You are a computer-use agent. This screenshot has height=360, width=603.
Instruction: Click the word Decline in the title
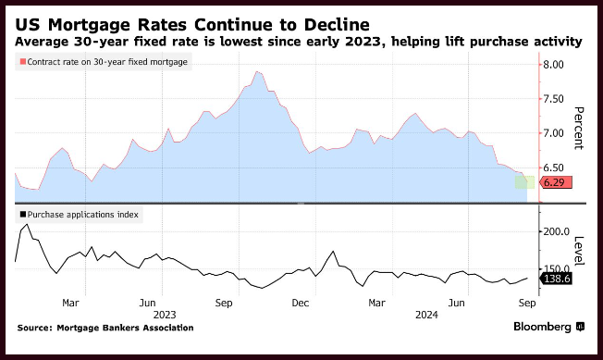click(x=337, y=25)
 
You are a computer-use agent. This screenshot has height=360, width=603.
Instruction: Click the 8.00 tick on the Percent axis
click(x=553, y=65)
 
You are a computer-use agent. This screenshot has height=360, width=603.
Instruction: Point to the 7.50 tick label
click(x=553, y=99)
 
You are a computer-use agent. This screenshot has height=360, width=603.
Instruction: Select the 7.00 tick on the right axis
click(x=553, y=133)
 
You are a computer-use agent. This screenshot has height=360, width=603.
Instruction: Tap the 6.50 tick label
click(x=553, y=168)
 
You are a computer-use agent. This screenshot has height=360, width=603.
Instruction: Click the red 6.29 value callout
click(x=556, y=182)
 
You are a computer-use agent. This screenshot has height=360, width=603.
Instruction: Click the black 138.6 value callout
click(x=556, y=279)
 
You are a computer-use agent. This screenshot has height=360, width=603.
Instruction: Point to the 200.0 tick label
click(x=557, y=231)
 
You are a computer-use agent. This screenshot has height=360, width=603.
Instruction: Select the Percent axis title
click(x=579, y=128)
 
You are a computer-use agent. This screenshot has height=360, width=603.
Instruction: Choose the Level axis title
click(x=579, y=251)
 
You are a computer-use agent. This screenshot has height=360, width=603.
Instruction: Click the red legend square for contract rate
click(x=23, y=61)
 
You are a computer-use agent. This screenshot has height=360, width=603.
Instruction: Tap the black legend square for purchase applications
click(x=23, y=214)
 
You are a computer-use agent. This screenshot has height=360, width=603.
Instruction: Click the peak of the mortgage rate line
click(x=257, y=71)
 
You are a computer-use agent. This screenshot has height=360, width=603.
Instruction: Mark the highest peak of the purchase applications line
click(x=27, y=224)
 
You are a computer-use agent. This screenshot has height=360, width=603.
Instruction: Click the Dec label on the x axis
click(x=301, y=303)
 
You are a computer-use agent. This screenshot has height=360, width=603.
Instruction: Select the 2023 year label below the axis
click(x=165, y=315)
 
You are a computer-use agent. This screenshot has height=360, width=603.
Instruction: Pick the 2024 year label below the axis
click(x=426, y=315)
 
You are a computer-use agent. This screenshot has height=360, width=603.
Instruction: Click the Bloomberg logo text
click(x=542, y=327)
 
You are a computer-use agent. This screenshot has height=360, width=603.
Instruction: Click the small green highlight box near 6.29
click(x=524, y=182)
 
